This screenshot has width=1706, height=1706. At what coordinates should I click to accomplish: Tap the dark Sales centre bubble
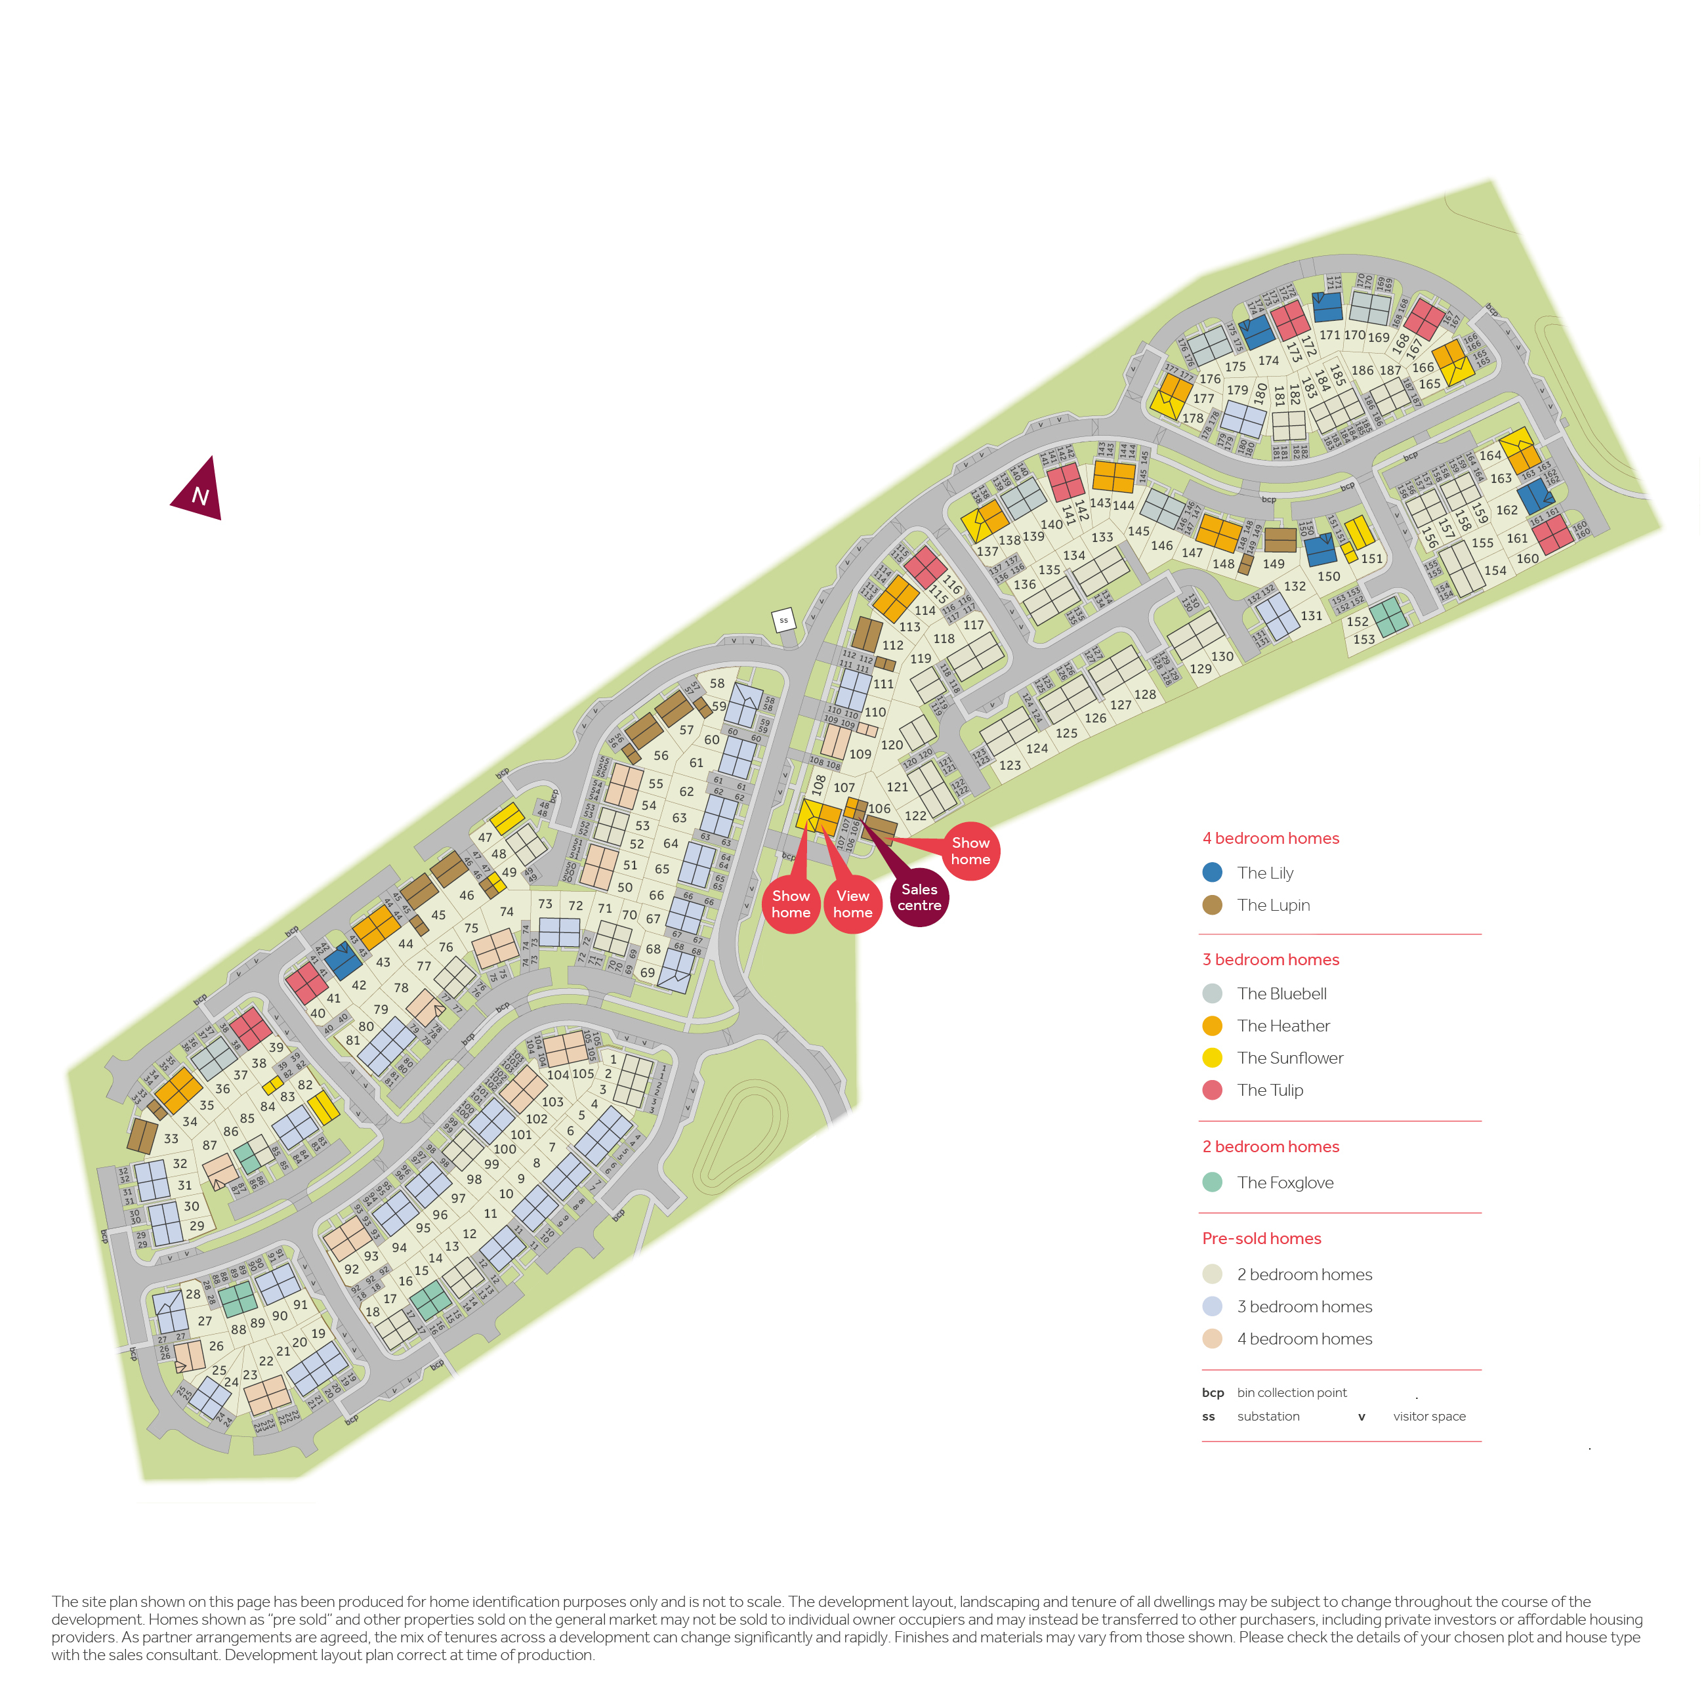pos(919,897)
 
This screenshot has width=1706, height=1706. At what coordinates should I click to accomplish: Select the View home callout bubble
pos(852,904)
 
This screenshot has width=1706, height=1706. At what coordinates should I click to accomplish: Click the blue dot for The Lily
pos(1213,873)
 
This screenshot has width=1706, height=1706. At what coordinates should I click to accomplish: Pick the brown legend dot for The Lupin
pos(1213,905)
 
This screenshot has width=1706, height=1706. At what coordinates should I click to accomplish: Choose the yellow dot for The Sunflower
pos(1213,1058)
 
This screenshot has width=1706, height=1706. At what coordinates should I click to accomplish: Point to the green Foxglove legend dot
pos(1213,1182)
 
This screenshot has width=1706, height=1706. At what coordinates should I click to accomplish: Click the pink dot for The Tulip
pos(1213,1090)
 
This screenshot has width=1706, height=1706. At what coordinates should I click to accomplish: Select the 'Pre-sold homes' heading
pos(1261,1239)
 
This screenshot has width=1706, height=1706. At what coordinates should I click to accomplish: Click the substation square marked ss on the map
pos(783,620)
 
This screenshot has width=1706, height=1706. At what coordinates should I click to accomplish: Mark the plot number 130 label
pos(1222,656)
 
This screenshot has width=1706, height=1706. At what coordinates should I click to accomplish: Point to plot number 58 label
pos(717,684)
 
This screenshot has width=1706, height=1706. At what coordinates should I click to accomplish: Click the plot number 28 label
pos(192,1295)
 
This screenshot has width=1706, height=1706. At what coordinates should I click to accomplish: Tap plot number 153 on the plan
pos(1363,639)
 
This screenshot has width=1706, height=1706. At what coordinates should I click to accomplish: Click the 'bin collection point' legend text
pos(1292,1392)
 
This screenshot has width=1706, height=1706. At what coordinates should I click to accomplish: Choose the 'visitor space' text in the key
pos(1428,1417)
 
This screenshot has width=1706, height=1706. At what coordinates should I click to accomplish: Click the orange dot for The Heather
pos(1213,1026)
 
